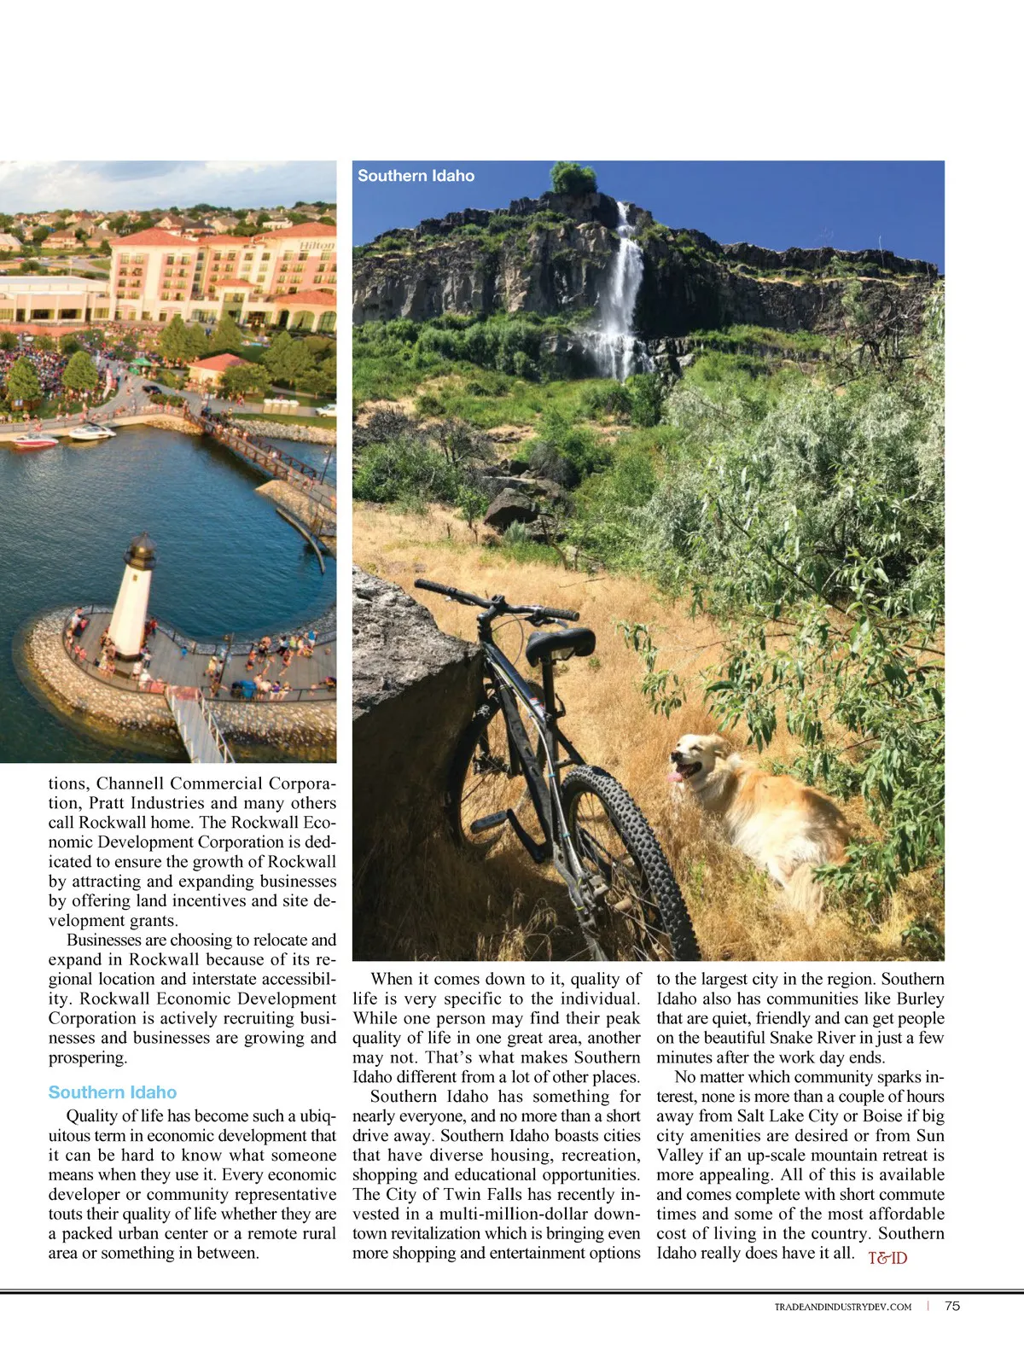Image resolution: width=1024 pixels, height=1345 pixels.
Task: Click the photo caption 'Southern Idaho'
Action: (416, 176)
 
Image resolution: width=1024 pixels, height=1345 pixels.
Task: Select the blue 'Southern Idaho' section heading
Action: (113, 1092)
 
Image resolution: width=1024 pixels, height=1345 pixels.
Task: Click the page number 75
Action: (952, 1306)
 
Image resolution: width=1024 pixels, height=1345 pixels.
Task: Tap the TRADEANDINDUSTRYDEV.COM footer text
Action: (843, 1307)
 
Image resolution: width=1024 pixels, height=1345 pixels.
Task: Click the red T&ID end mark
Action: (887, 1258)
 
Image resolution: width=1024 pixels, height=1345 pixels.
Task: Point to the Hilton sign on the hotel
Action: (317, 246)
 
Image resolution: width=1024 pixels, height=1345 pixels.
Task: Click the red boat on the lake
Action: (35, 440)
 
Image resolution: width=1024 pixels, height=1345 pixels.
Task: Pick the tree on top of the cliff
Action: (573, 178)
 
